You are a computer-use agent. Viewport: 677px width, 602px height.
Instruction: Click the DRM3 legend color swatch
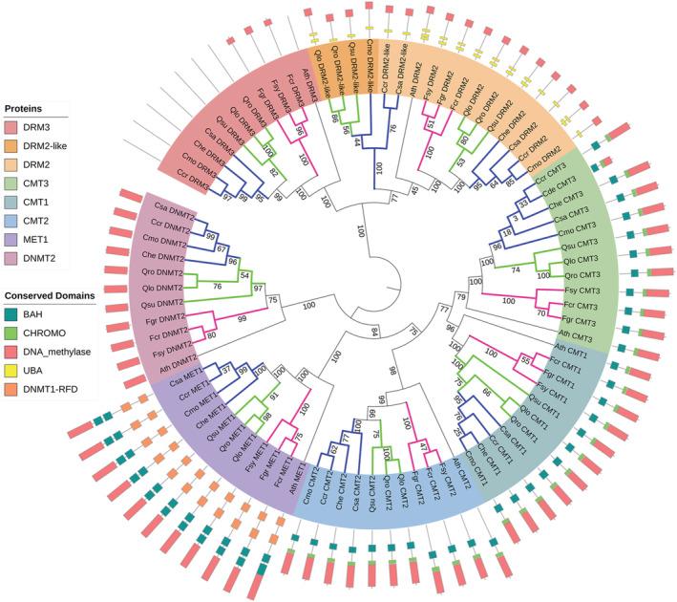coord(15,128)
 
